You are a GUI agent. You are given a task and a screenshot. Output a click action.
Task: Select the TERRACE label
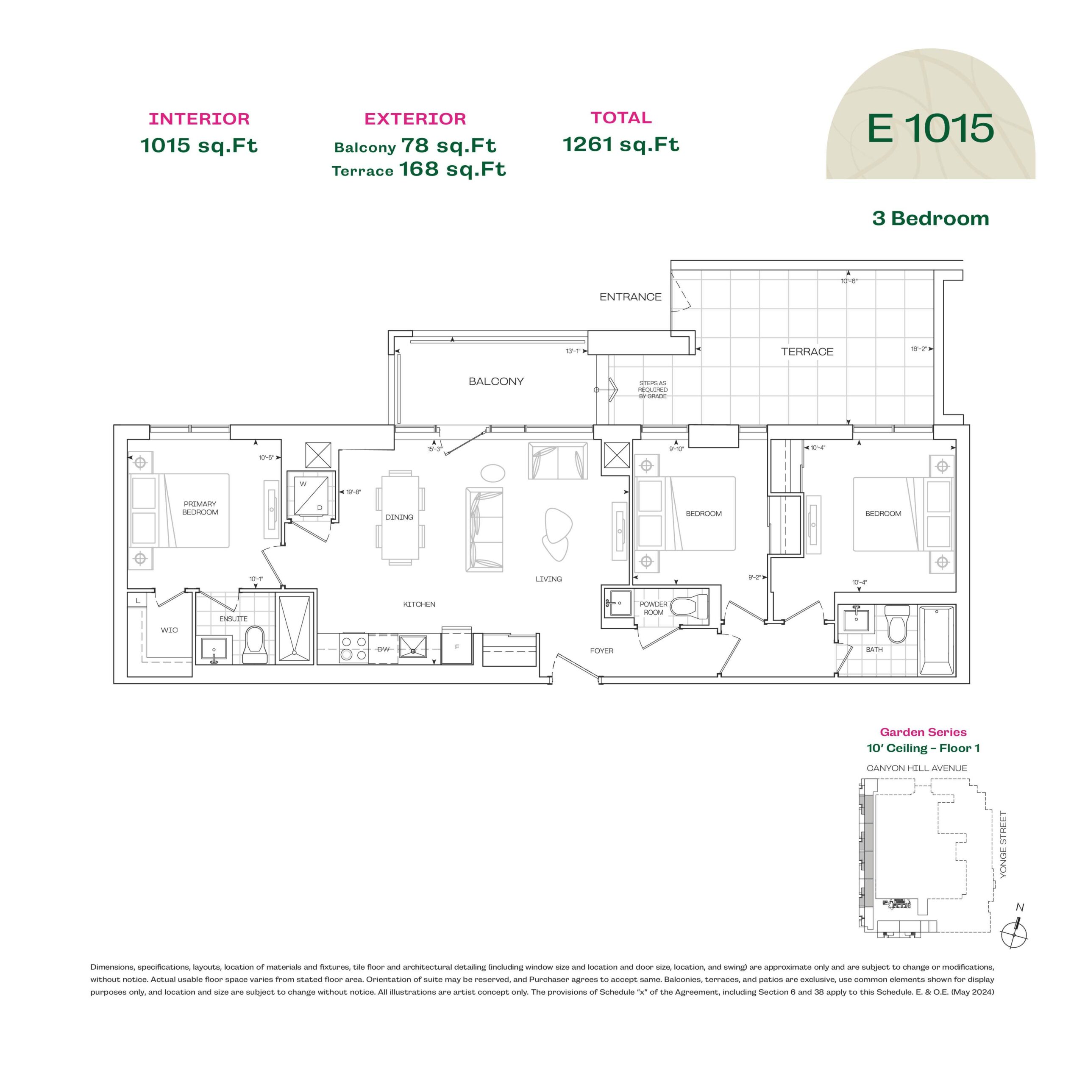[807, 351]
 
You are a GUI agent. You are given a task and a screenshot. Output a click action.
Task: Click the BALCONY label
[496, 381]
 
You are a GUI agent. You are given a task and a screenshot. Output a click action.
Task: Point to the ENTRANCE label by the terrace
[630, 297]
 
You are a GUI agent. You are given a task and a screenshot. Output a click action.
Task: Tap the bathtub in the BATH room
[937, 640]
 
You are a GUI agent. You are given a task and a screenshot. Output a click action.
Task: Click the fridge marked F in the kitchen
[456, 646]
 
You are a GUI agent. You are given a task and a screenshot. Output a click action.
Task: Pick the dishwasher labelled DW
[383, 649]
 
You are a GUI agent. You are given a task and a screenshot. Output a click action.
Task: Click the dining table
[400, 517]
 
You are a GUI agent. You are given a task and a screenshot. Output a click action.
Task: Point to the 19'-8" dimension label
[353, 492]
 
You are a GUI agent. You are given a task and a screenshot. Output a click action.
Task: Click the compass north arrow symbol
[1015, 933]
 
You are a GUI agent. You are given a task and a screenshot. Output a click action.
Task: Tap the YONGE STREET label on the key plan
[1003, 845]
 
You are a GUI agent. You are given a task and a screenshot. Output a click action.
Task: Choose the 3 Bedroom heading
[931, 218]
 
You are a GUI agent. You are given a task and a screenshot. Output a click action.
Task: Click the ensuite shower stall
[294, 627]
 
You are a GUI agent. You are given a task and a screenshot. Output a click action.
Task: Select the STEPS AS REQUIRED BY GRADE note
[653, 390]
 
